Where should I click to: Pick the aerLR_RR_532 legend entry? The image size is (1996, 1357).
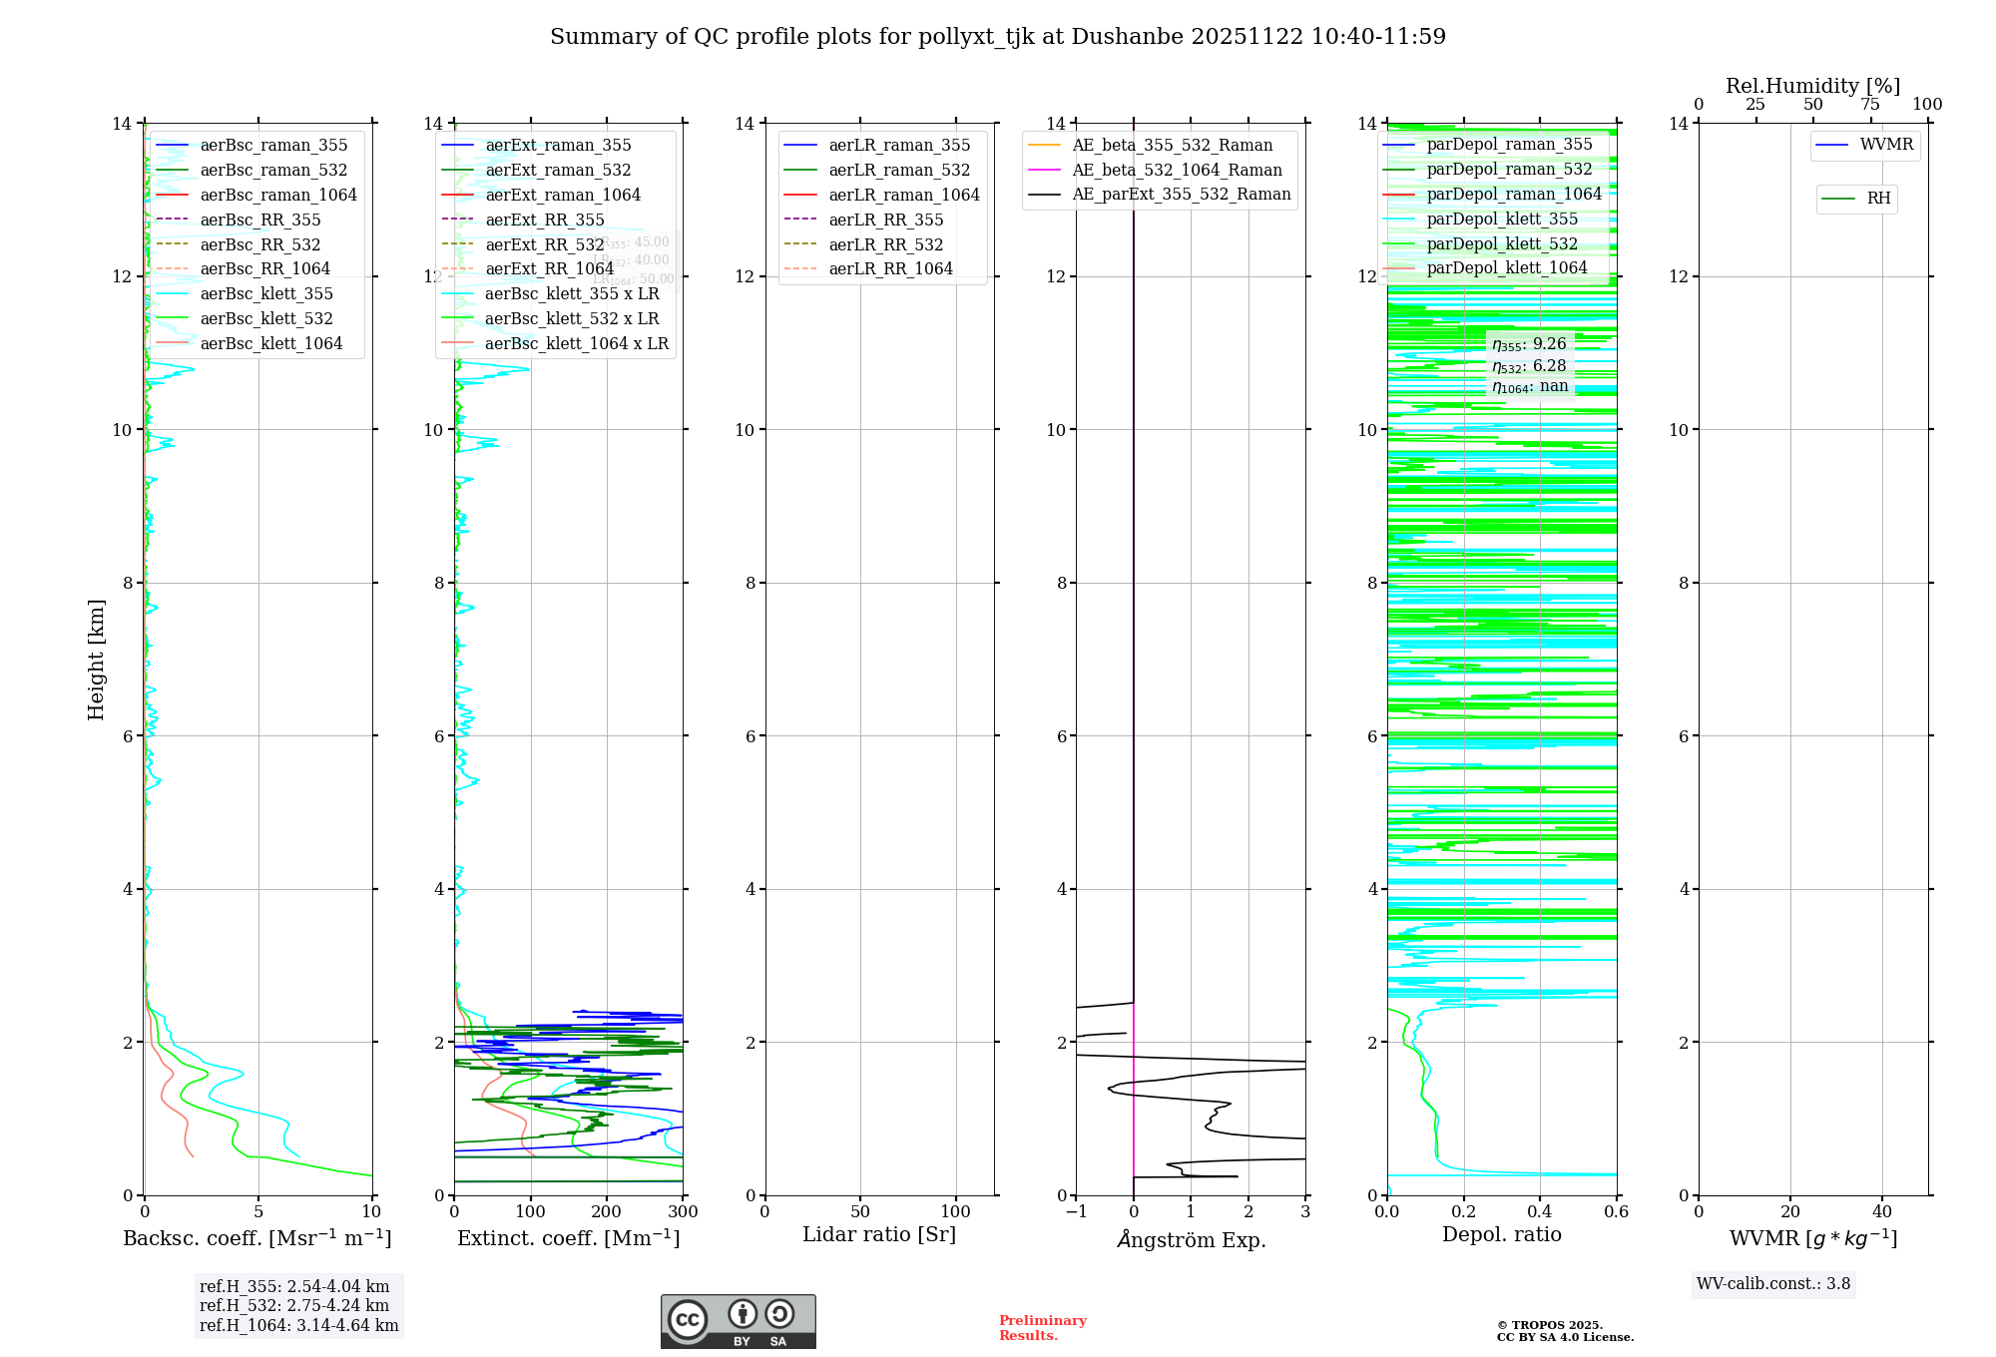[885, 244]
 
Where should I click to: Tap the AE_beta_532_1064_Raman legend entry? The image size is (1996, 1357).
[1177, 170]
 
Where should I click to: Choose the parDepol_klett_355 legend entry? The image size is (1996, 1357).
[1502, 220]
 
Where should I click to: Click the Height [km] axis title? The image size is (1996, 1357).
[96, 659]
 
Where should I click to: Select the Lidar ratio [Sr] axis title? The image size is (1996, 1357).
[879, 1234]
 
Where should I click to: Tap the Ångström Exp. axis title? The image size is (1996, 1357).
[1191, 1239]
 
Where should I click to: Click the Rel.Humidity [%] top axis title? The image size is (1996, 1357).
[1812, 86]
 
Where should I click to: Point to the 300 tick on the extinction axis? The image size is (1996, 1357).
[683, 1212]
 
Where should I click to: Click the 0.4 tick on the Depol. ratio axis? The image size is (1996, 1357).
[1540, 1212]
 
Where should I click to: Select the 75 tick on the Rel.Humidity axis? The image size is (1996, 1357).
[1870, 105]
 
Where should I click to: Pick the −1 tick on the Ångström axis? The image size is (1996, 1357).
[1075, 1212]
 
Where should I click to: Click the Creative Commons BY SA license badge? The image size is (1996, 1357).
[738, 1321]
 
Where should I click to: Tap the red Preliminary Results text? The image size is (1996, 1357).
[1042, 1328]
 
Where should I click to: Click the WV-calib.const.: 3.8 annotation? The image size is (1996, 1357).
[1772, 1284]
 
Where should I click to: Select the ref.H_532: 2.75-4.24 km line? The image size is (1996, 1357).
[294, 1305]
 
